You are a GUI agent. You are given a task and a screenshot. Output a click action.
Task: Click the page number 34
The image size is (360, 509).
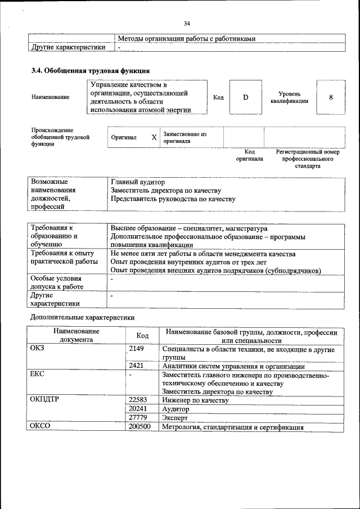tap(187, 23)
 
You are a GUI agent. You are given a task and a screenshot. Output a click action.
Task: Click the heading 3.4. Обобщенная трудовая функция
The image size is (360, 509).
tap(90, 71)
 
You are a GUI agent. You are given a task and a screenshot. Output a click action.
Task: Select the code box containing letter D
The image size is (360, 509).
tap(245, 97)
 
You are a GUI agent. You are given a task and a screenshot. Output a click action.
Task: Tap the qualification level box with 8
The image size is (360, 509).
tap(331, 97)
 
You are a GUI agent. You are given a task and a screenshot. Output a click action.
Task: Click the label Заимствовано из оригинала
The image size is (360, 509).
tap(185, 138)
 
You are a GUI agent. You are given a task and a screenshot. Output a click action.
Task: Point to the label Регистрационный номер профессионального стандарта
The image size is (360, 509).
tap(307, 159)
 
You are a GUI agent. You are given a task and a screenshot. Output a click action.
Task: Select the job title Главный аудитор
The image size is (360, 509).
tap(138, 182)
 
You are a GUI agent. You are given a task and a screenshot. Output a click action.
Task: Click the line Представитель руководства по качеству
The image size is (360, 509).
tap(173, 199)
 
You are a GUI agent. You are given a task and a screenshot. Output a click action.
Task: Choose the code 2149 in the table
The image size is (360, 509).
tap(137, 349)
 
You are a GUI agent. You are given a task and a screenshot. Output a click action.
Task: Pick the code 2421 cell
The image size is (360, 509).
tap(137, 366)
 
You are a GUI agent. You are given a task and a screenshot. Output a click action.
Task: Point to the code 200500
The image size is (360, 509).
tap(140, 427)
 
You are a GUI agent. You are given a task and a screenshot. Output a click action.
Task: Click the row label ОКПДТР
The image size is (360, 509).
tap(45, 400)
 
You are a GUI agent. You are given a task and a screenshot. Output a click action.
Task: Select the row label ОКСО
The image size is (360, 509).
tap(40, 427)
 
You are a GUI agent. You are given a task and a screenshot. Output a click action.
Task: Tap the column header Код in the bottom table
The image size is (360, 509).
tap(142, 336)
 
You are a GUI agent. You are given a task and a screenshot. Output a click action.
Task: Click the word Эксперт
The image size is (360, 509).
tap(174, 418)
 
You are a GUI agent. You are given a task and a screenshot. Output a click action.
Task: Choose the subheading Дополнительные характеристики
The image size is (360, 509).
tap(83, 317)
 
